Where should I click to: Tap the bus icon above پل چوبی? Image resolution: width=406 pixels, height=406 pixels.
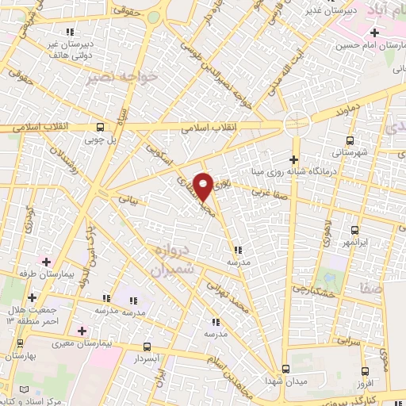99,127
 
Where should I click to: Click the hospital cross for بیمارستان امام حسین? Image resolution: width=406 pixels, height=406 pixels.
374,33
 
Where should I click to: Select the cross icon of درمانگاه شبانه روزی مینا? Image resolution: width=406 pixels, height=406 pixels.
293,159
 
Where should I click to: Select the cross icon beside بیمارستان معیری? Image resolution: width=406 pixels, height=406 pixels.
82,329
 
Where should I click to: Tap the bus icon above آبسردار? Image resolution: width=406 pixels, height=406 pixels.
145,347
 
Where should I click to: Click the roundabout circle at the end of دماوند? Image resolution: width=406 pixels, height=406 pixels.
297,124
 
